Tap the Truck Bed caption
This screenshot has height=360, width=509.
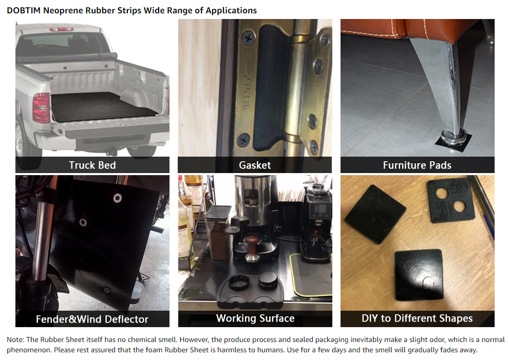92,165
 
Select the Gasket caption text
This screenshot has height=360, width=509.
255,165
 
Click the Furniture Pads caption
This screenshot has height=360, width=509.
417,165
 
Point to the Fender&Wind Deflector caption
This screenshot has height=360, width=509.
92,319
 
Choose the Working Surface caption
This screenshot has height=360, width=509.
255,318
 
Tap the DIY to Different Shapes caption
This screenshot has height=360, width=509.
417,318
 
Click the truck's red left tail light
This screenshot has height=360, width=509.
41,107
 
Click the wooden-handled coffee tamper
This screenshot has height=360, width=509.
252,249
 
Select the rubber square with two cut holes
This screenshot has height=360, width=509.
450,200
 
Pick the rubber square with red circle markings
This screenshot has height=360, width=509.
419,275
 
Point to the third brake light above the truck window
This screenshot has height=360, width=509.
62,30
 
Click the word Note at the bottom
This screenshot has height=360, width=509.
15,339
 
